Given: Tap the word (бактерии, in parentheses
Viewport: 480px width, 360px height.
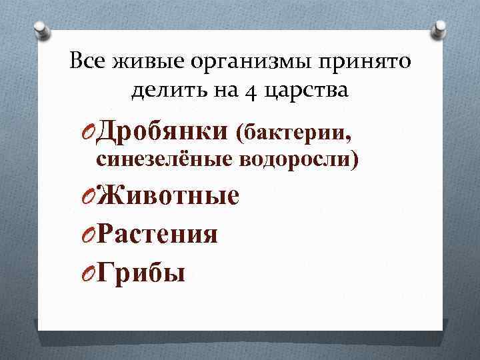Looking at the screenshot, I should tap(293, 133).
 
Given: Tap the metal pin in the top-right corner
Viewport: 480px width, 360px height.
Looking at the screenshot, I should tap(441, 29).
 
